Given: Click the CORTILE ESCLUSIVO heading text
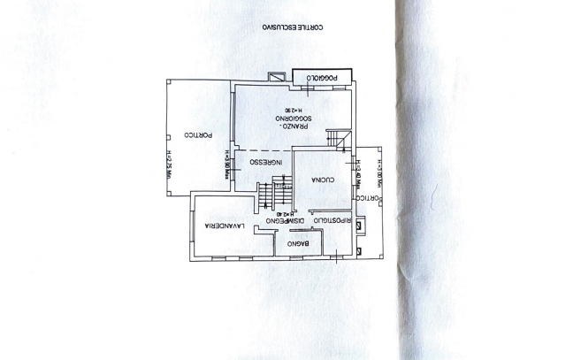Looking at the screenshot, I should tap(298, 27).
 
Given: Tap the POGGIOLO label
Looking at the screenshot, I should tap(321, 79).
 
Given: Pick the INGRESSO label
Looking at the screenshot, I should tap(265, 162).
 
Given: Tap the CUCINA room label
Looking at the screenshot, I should tap(315, 180).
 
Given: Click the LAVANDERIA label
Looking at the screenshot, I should tap(224, 227).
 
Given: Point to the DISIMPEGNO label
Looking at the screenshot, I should tap(288, 220).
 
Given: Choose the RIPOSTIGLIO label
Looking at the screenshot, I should tap(336, 220).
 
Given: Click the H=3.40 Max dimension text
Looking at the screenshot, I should tap(360, 172).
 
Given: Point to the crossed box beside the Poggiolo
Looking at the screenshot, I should tap(279, 76).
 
